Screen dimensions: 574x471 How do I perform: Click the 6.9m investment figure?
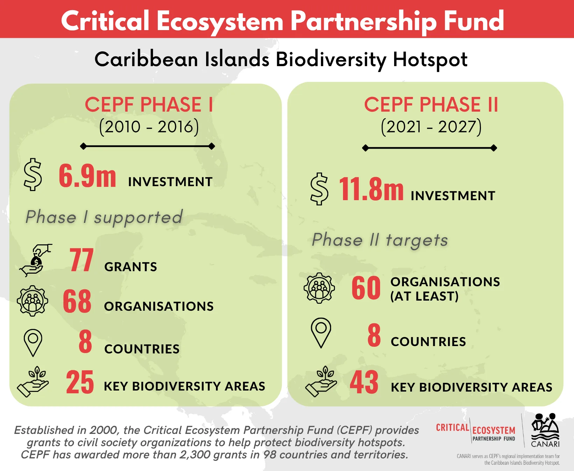(87, 176)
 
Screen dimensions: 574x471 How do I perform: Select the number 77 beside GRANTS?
(82, 260)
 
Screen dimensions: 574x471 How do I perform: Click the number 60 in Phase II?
(366, 288)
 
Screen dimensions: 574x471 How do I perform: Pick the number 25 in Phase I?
(80, 382)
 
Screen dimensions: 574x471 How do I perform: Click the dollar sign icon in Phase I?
(33, 175)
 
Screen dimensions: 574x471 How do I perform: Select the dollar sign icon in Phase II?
(319, 189)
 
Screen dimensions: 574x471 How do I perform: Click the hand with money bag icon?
(36, 260)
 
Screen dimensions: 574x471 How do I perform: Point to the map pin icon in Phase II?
(321, 333)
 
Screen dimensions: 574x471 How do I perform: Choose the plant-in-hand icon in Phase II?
(321, 381)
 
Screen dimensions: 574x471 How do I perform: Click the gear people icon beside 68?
(33, 301)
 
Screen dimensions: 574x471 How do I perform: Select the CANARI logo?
(545, 430)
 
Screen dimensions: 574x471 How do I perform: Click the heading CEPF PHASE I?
(149, 105)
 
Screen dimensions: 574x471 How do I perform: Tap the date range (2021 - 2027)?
(431, 127)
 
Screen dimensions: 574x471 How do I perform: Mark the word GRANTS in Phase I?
(131, 267)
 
